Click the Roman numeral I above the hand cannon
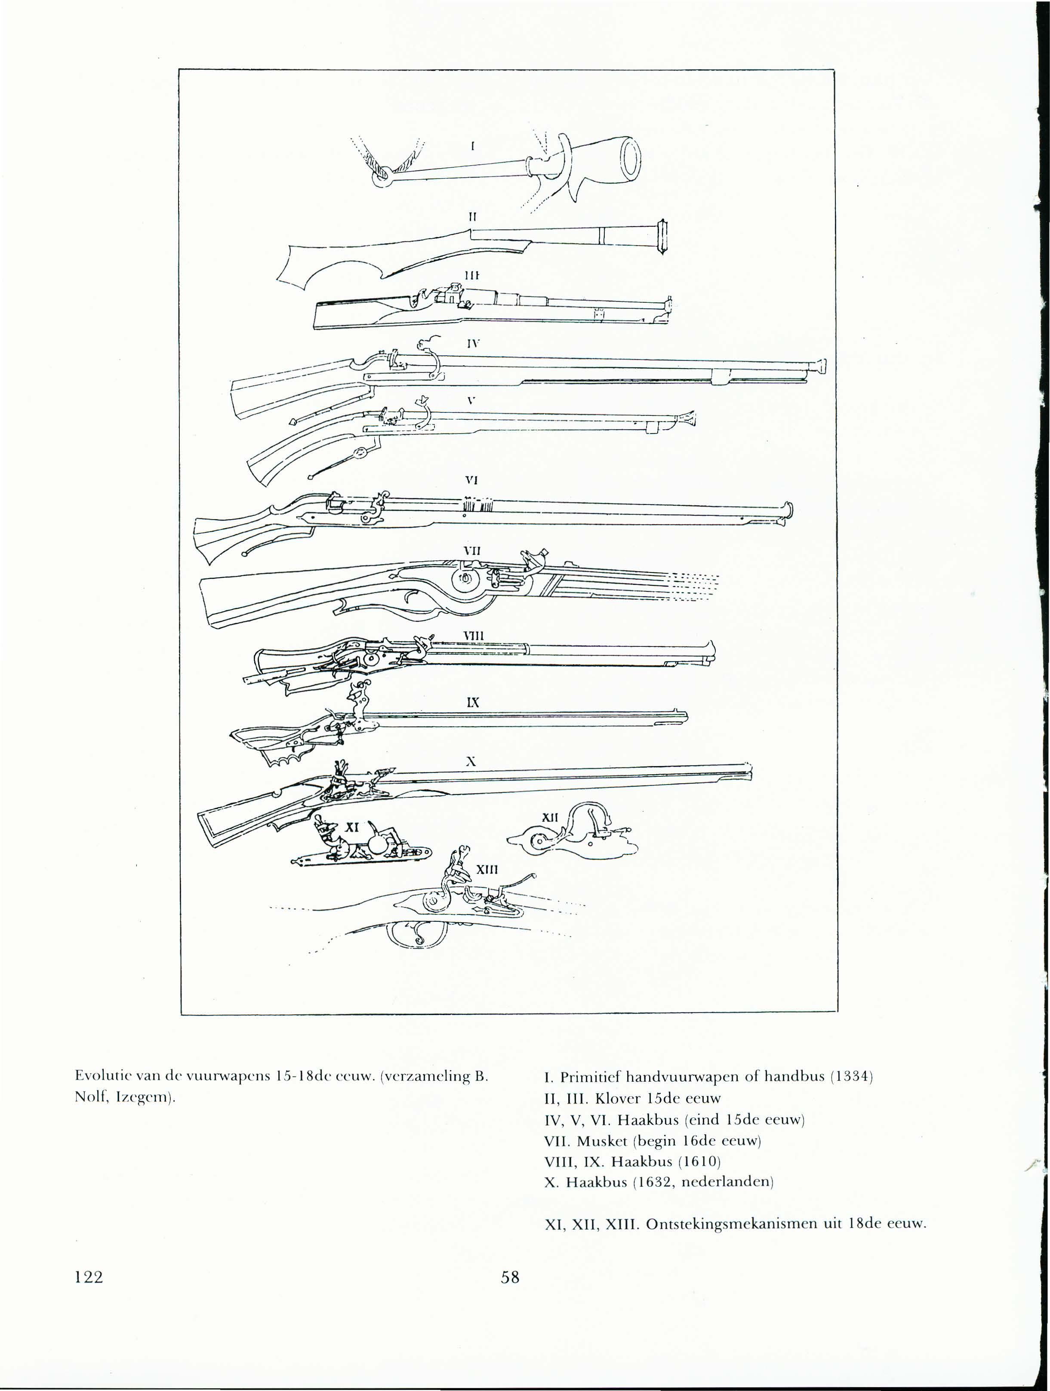coord(472,146)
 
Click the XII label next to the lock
coord(550,818)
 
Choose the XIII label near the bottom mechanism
coord(487,870)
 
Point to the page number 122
coord(88,1277)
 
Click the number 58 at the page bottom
coord(510,1277)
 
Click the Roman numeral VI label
coord(471,480)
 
